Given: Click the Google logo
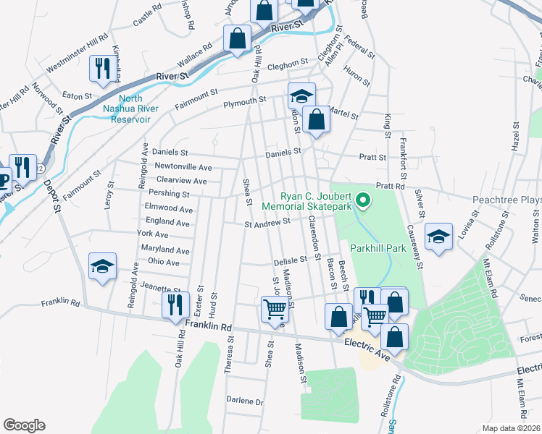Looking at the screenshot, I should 24,425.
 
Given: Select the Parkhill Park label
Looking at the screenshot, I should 377,247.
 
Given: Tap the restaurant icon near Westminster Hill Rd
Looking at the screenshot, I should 100,69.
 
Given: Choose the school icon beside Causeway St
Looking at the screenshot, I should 438,237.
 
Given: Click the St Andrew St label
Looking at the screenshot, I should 267,224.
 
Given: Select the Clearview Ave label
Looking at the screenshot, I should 181,180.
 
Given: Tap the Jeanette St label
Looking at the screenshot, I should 161,287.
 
